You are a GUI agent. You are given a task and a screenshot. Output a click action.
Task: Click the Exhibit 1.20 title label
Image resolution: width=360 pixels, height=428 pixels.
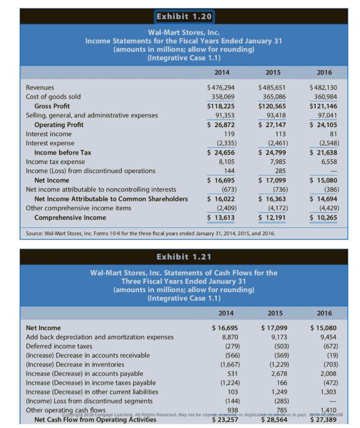click(184, 17)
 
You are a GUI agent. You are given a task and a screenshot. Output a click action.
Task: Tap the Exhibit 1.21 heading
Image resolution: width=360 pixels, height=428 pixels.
click(184, 256)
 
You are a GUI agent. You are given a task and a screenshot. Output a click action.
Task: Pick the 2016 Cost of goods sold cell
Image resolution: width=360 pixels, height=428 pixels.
click(325, 97)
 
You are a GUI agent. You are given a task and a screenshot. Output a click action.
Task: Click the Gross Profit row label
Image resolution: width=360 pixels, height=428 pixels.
click(52, 106)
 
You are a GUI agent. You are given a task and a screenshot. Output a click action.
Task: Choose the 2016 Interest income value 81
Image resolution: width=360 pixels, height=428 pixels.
click(332, 134)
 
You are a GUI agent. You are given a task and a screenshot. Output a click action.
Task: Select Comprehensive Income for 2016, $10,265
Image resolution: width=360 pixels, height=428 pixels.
click(324, 217)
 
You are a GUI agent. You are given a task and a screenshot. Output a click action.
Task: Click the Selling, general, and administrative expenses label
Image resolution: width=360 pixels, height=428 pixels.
click(92, 115)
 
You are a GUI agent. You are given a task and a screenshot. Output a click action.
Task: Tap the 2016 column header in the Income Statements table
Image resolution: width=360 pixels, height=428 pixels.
click(324, 72)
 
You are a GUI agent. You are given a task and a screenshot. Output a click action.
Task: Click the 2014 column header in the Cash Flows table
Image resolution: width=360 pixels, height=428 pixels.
click(226, 313)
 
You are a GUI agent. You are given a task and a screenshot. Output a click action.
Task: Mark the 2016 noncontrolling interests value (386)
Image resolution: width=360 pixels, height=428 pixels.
click(330, 189)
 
